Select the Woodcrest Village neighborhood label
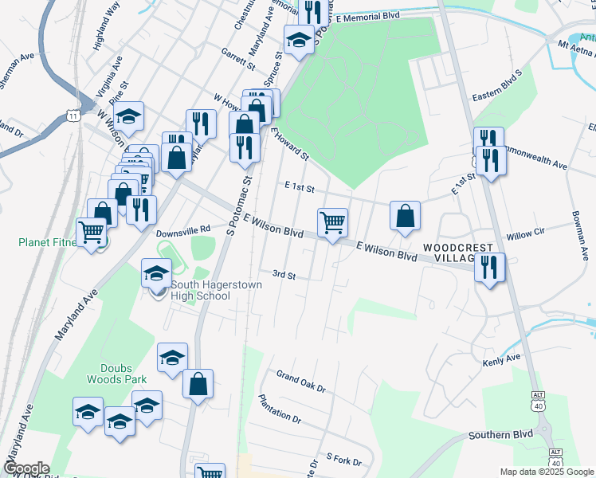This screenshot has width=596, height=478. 459,253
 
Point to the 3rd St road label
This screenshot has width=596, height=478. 284,276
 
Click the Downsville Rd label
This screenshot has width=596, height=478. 182,229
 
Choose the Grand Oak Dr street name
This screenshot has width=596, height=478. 301,381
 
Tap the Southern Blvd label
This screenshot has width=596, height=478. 500,435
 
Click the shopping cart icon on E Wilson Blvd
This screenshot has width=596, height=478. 332,222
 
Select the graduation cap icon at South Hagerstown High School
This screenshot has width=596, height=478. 156,273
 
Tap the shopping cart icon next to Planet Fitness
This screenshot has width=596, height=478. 92,233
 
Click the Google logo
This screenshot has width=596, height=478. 26,468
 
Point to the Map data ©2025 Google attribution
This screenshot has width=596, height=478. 547,472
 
